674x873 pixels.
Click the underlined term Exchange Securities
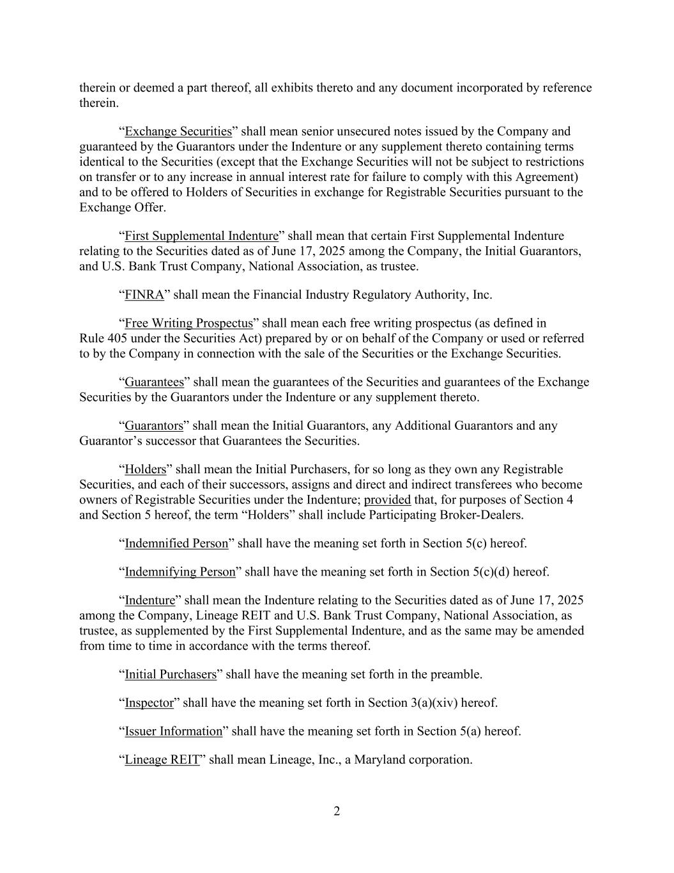pos(178,132)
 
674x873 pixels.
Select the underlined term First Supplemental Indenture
pos(202,236)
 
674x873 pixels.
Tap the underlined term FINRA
pos(144,295)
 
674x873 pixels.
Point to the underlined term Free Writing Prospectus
pos(188,323)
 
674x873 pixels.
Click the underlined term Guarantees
pos(154,382)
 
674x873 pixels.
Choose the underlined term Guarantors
pos(153,426)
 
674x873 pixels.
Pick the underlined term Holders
pos(145,470)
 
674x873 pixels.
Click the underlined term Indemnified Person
pos(176,544)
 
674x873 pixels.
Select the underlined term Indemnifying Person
pos(180,572)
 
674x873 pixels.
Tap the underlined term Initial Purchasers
pos(171,675)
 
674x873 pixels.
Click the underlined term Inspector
pos(149,703)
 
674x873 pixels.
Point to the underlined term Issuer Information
pos(173,731)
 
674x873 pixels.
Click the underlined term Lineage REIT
pos(162,760)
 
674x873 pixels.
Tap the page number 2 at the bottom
pos(337,812)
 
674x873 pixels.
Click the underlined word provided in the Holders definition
pos(387,500)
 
